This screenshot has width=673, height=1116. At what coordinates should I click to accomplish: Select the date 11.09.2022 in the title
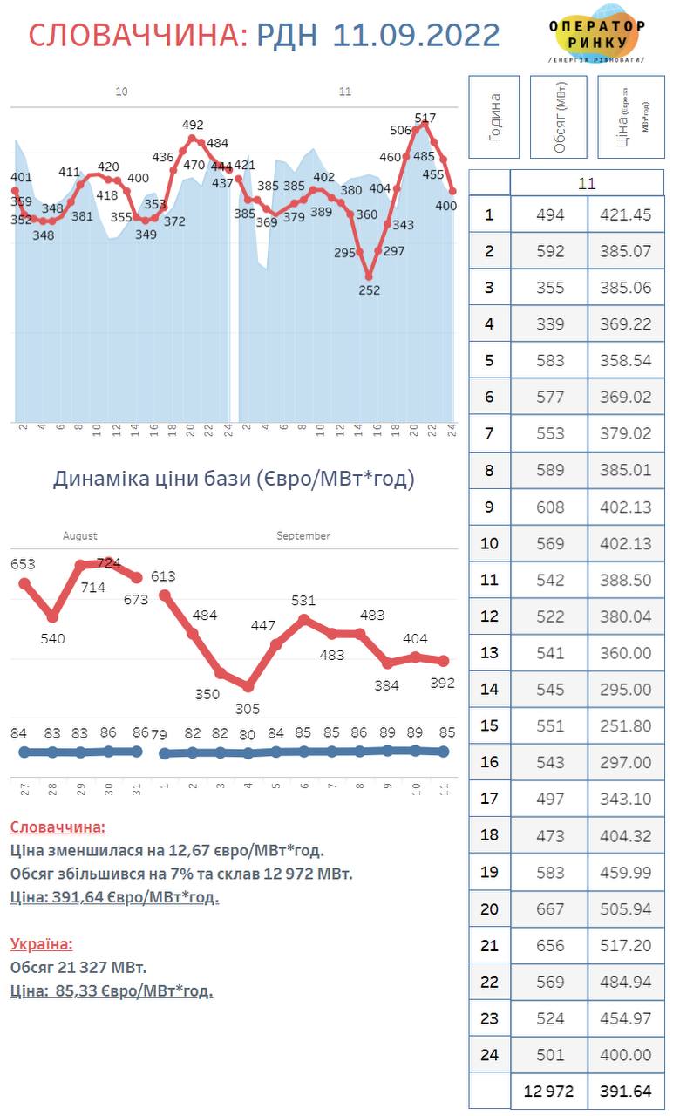[x=417, y=35]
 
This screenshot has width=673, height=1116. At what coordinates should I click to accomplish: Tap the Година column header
[x=494, y=117]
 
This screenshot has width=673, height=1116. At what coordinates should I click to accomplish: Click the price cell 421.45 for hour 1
[x=626, y=214]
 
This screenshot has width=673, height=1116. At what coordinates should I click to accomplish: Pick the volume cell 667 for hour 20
[x=550, y=908]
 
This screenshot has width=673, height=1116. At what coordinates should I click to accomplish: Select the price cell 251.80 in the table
[x=626, y=725]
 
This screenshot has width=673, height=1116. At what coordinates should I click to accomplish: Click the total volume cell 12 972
[x=550, y=1091]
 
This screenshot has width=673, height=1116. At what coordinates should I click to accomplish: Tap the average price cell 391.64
[x=626, y=1091]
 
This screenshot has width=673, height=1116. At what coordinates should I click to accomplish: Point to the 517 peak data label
[x=425, y=117]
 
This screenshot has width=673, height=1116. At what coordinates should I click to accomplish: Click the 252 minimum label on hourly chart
[x=370, y=290]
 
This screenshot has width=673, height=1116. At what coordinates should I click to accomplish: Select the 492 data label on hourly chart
[x=193, y=125]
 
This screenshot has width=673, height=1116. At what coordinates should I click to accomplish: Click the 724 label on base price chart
[x=109, y=563]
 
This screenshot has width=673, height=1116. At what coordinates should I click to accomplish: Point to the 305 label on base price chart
[x=248, y=709]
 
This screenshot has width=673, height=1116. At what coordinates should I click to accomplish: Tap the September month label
[x=303, y=536]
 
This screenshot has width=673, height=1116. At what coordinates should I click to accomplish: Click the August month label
[x=80, y=536]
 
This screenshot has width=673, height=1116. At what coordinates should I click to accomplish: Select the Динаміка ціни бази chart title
[x=234, y=479]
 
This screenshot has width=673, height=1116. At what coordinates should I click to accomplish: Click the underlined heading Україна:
[x=42, y=943]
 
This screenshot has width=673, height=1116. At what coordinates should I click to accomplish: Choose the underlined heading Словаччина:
[x=58, y=827]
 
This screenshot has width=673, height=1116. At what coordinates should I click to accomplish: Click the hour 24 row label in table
[x=489, y=1054]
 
